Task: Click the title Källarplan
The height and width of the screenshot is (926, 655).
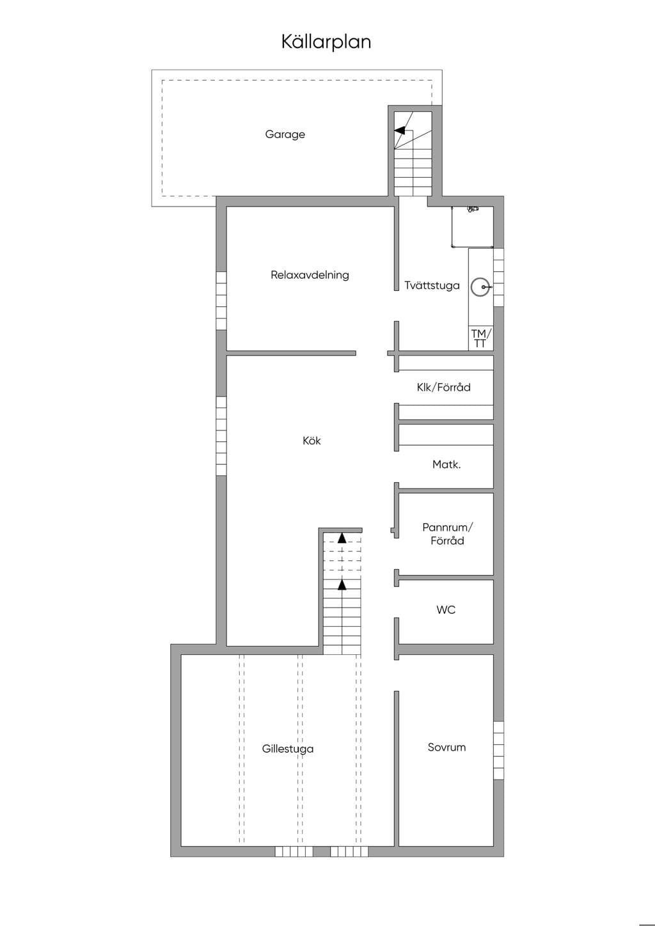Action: (326, 42)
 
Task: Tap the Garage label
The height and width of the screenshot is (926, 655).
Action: (285, 134)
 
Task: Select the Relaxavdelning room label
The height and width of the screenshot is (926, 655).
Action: (310, 275)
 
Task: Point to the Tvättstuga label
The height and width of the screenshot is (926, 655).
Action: (432, 285)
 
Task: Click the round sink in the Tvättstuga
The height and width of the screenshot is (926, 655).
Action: (481, 287)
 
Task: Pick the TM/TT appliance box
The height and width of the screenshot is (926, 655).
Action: (481, 338)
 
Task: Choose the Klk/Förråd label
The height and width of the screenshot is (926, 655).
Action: (443, 388)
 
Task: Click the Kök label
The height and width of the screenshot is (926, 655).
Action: (312, 441)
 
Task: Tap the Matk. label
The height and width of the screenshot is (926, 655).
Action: (446, 465)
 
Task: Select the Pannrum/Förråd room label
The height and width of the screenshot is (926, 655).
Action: (447, 534)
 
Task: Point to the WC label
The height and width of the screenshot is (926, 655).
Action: (446, 609)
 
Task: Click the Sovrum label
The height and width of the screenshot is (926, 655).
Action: (446, 748)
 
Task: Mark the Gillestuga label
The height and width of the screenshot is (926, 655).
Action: (287, 749)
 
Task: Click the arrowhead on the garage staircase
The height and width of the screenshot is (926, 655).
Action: (399, 130)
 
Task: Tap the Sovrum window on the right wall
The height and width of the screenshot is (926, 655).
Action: (499, 751)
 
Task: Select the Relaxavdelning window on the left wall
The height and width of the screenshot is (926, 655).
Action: (221, 301)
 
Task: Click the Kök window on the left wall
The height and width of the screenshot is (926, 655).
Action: (221, 436)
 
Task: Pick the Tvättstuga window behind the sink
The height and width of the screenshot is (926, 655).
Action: (499, 278)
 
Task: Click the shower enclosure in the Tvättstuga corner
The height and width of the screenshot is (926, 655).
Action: (472, 226)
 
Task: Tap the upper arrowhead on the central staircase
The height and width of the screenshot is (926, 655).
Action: (342, 538)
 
